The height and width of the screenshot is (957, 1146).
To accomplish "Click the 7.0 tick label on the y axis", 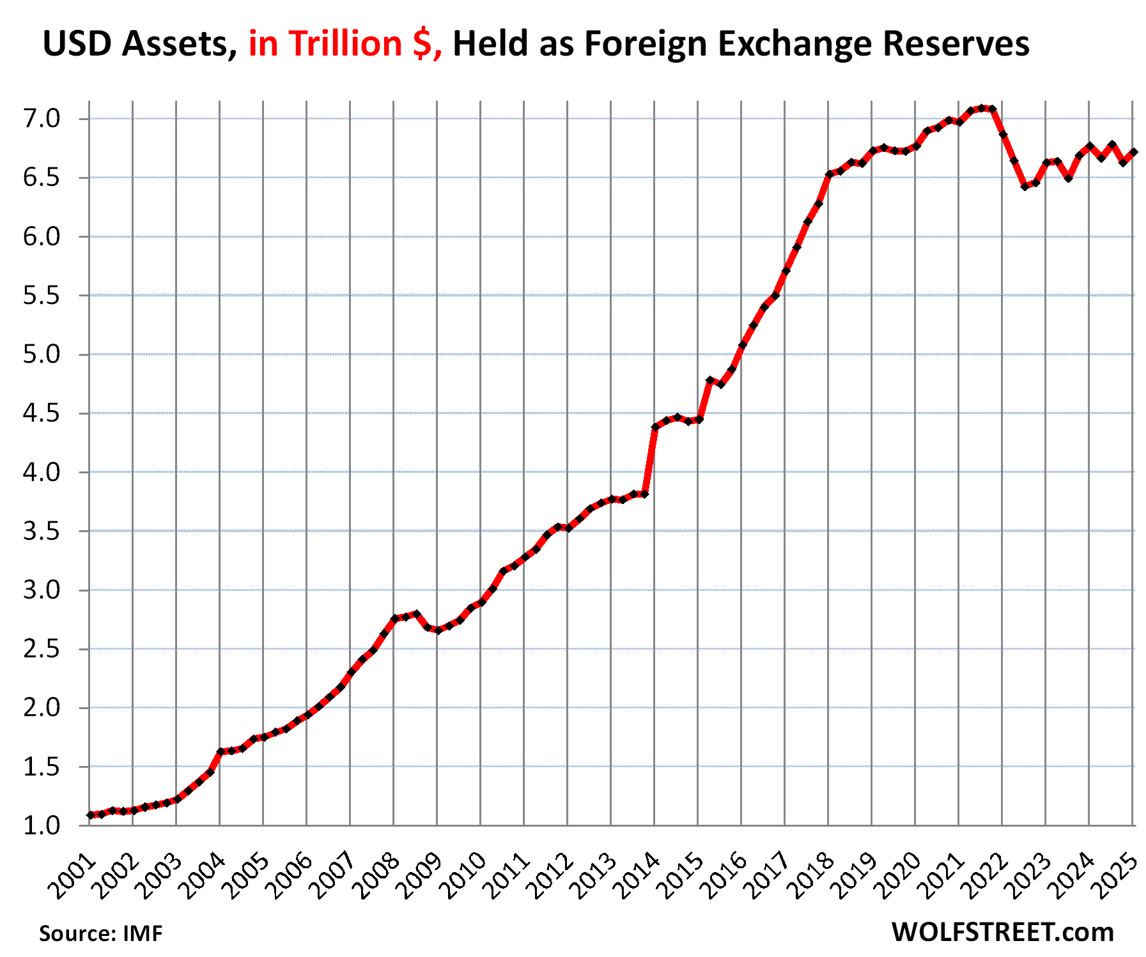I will tap(42, 119).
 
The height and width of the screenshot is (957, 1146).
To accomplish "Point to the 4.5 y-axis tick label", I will tap(42, 413).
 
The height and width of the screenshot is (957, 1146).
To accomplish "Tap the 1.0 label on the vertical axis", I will tap(42, 825).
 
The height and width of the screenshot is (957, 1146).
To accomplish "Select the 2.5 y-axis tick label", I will tap(42, 649).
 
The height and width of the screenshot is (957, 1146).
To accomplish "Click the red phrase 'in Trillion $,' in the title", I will tap(345, 44).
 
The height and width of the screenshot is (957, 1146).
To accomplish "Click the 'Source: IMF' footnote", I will tap(101, 933).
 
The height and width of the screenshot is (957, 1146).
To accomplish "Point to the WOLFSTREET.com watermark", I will tap(1002, 932).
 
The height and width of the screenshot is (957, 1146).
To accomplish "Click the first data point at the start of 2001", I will tap(90, 815).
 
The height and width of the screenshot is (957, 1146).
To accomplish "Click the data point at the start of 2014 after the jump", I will tap(655, 427).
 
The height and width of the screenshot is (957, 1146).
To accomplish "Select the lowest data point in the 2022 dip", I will tap(1025, 187).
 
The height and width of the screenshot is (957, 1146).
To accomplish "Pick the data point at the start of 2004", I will tap(221, 752).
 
